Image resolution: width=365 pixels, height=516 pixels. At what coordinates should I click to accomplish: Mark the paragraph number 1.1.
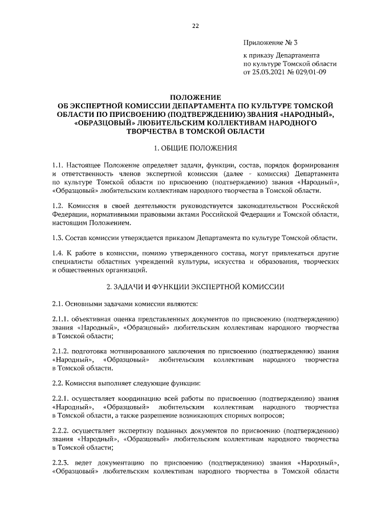(57, 165)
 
